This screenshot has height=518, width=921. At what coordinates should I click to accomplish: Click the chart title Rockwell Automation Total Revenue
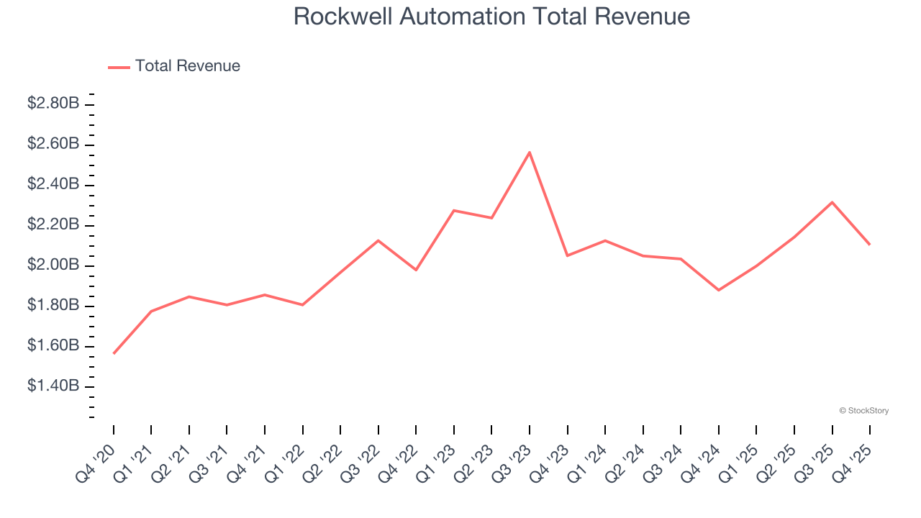click(491, 17)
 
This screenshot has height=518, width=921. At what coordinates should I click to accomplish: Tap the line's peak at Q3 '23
click(530, 153)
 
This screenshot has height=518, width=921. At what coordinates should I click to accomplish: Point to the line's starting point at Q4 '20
click(114, 353)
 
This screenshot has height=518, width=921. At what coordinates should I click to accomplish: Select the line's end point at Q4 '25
click(869, 245)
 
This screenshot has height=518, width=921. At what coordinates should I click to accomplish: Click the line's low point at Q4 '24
click(718, 290)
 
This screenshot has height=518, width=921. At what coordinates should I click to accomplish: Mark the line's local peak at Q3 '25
click(832, 202)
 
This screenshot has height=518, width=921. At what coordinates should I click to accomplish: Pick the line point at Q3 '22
click(378, 240)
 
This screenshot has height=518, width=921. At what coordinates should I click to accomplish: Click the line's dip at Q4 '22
click(416, 270)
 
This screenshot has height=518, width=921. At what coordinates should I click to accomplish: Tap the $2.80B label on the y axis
click(53, 104)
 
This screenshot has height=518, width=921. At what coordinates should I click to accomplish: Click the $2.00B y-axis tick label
click(53, 265)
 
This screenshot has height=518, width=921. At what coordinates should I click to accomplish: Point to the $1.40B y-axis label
click(53, 386)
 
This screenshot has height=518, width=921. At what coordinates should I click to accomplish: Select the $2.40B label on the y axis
click(53, 184)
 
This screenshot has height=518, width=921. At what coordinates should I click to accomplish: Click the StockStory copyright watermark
click(863, 411)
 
